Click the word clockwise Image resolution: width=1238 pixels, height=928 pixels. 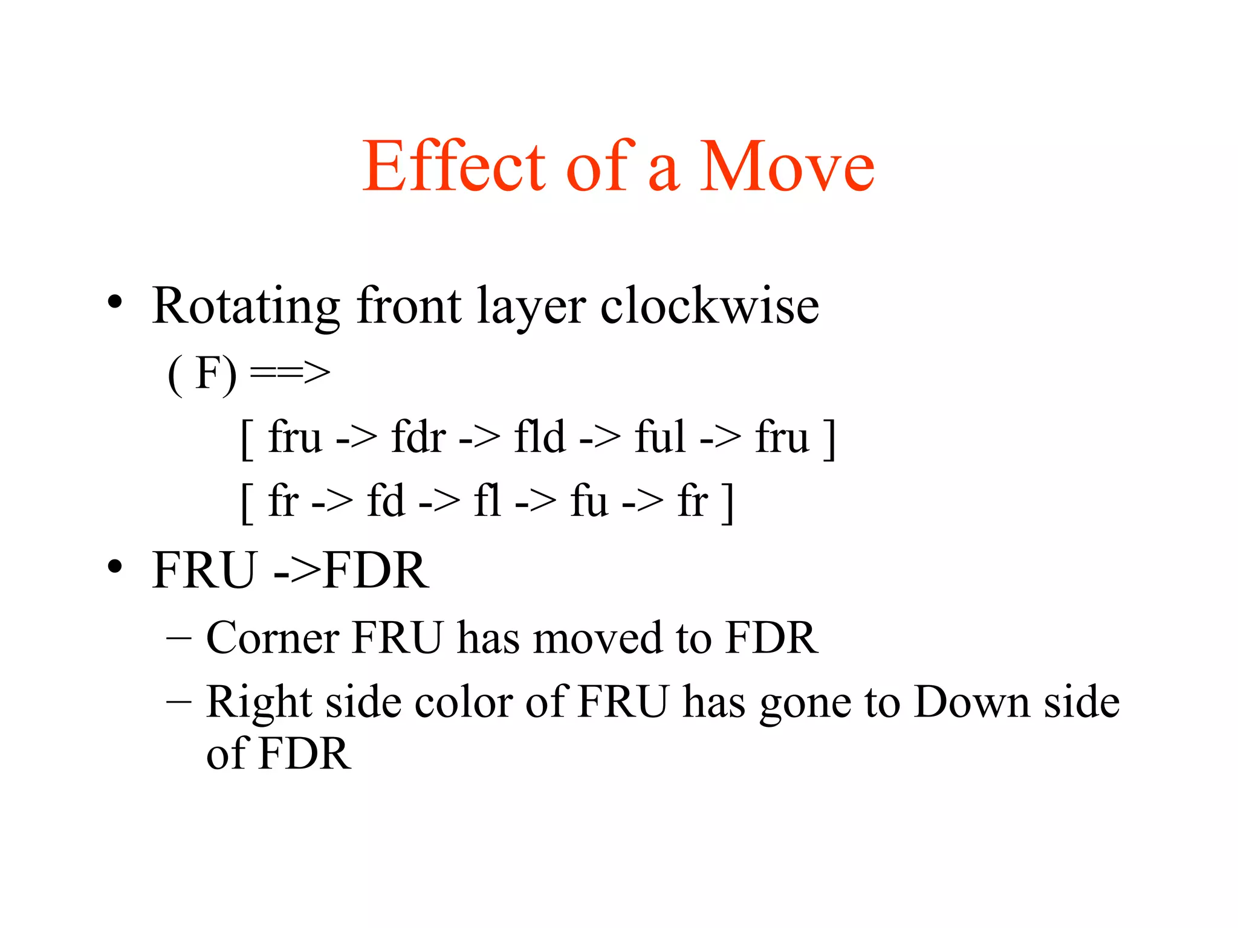pyautogui.click(x=710, y=306)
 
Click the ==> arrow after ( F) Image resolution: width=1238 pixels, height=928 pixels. pyautogui.click(x=290, y=373)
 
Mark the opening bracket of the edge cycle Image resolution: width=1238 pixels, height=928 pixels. pyautogui.click(x=247, y=503)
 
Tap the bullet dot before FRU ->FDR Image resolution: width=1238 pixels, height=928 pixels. pyautogui.click(x=115, y=567)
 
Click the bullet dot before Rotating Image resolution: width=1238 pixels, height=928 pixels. pyautogui.click(x=115, y=302)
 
